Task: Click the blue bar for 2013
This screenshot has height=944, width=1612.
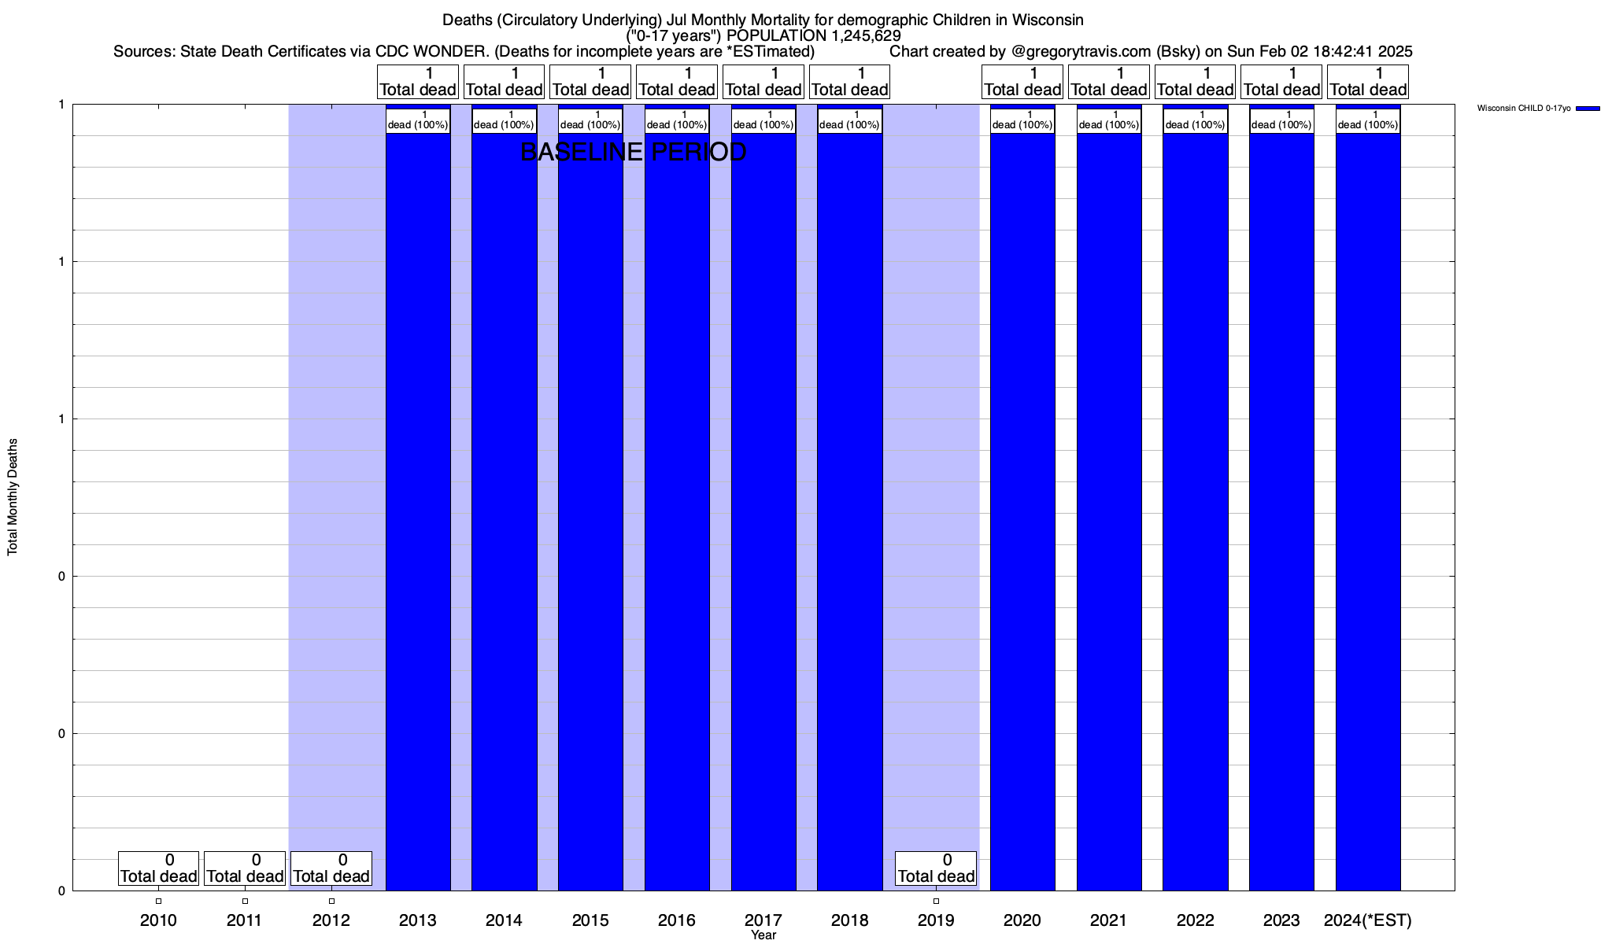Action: point(418,511)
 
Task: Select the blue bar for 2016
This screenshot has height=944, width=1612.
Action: point(677,511)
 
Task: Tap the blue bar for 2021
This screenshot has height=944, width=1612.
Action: point(1109,511)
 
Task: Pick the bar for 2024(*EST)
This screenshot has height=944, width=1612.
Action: point(1368,511)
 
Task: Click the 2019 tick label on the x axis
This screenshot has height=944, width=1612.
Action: point(936,920)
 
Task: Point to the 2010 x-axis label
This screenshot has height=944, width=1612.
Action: point(158,920)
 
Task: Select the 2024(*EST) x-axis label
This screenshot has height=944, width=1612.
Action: point(1368,920)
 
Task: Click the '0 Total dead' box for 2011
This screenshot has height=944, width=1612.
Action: point(245,868)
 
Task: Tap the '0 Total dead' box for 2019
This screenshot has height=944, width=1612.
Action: point(936,868)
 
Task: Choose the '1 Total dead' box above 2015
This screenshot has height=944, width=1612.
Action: point(590,82)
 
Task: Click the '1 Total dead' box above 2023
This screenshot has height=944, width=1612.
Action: point(1281,82)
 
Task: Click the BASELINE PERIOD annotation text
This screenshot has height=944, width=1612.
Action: point(634,152)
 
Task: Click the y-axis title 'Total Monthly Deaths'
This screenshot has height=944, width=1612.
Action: point(13,497)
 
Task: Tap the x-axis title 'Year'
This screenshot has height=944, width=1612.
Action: point(763,935)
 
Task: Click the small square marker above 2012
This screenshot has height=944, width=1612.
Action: point(331,902)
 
